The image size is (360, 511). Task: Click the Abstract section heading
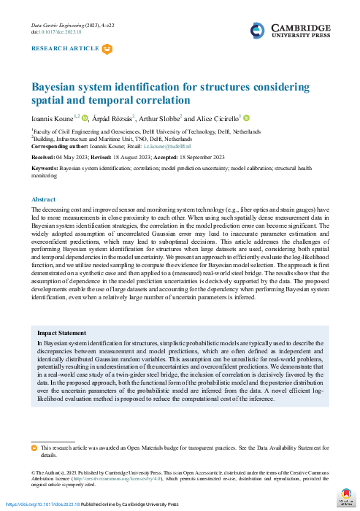[x=43, y=199]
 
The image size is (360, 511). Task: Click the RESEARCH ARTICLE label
[x=65, y=49]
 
